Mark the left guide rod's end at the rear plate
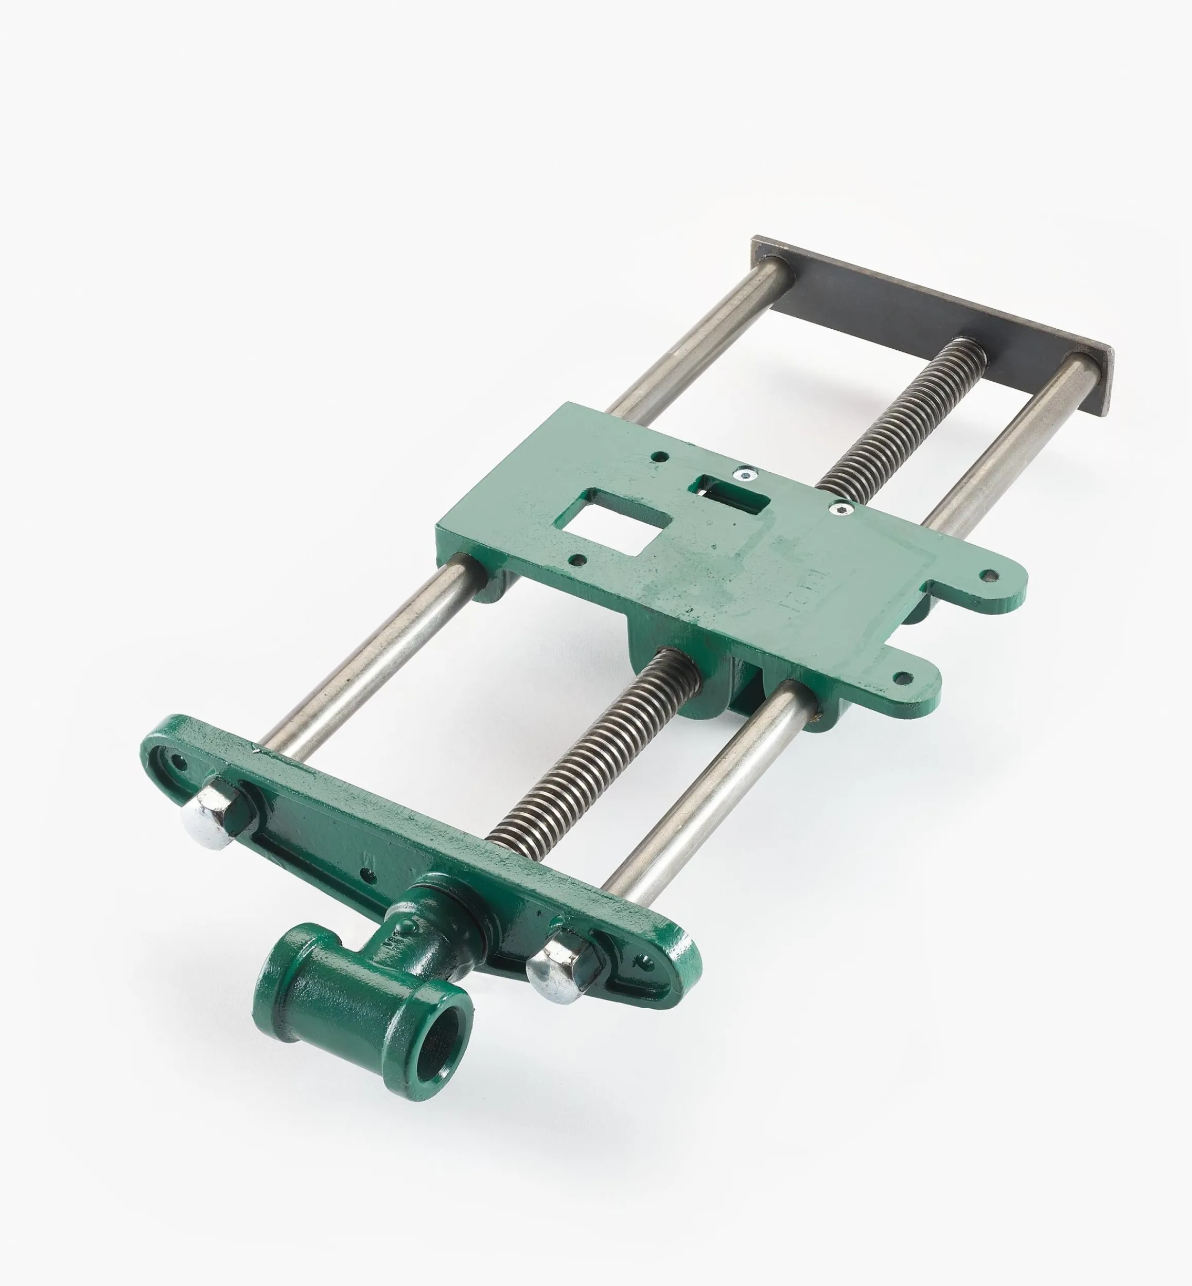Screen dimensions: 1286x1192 779,265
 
